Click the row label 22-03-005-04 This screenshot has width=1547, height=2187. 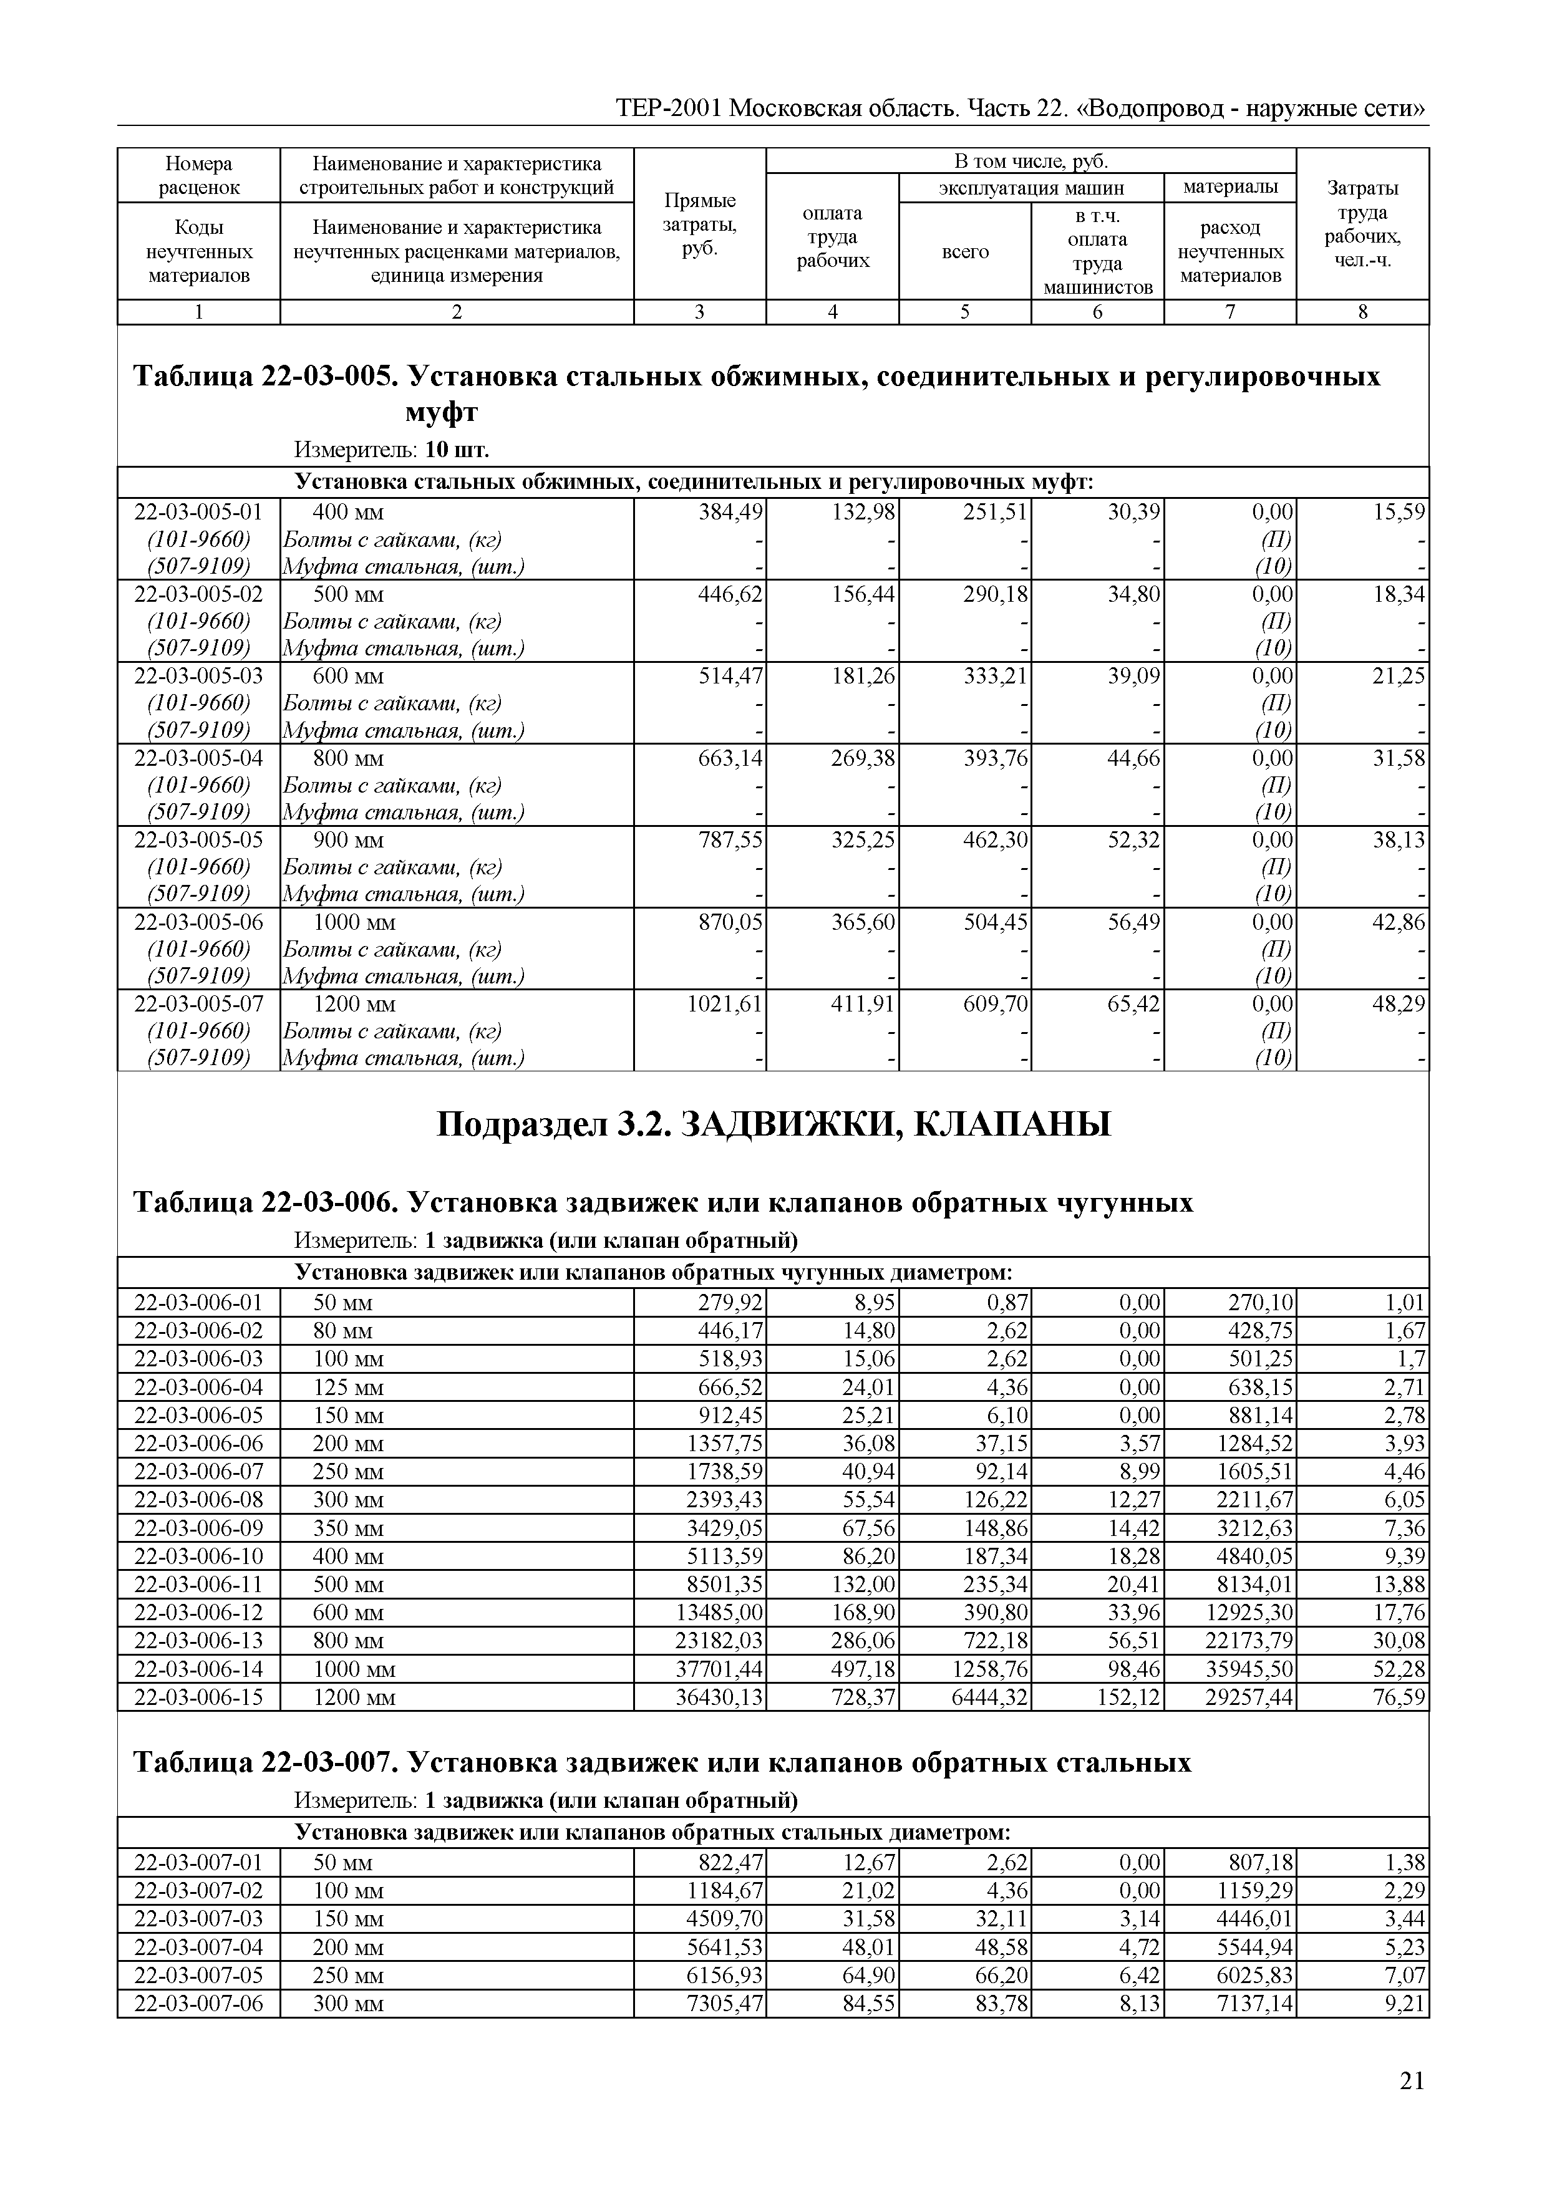point(198,758)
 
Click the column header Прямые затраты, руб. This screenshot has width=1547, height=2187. point(699,224)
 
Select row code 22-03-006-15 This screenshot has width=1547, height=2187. point(198,1696)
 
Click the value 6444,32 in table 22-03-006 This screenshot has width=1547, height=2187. point(990,1696)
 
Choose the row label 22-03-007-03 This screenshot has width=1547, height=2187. point(198,1918)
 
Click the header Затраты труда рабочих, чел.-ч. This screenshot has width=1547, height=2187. point(1362,224)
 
